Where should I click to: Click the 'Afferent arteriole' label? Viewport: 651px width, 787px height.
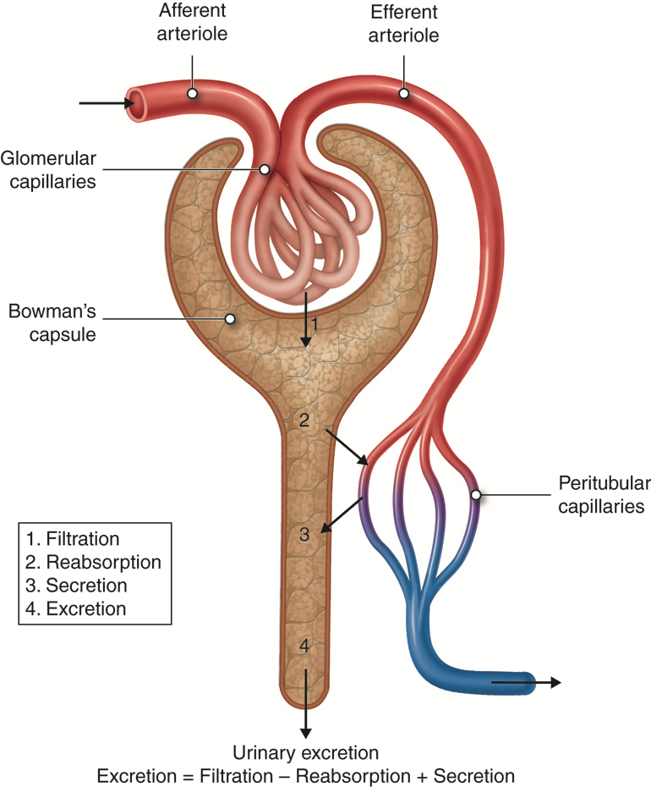(193, 23)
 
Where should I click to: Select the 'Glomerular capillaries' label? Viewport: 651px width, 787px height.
(49, 169)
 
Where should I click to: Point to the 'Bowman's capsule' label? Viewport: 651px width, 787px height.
(51, 321)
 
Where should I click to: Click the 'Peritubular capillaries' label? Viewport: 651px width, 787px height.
(603, 495)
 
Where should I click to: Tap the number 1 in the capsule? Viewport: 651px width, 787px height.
(314, 323)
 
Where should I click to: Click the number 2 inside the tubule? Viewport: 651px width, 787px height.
(305, 419)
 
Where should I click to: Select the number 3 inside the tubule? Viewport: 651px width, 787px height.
(305, 534)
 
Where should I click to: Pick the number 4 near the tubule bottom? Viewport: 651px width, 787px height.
(305, 646)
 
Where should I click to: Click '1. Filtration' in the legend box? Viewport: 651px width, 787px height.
(72, 539)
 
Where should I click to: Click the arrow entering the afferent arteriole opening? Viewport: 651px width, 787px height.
(107, 104)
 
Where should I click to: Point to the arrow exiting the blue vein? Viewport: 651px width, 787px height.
(526, 682)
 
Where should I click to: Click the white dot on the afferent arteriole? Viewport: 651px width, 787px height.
(193, 93)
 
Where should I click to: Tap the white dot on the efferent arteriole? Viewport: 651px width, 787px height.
(404, 93)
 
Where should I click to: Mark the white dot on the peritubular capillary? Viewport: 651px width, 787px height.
(476, 495)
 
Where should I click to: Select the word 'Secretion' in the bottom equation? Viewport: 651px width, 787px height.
(475, 775)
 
